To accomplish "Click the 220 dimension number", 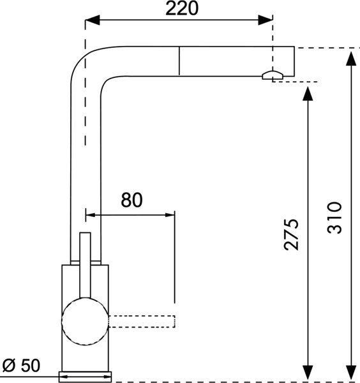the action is pos(182,8).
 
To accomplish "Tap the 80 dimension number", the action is pos(131,200).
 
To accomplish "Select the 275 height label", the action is pos(291,234).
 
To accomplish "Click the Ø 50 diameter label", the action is pos(21,366).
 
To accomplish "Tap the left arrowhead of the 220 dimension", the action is pos(93,20).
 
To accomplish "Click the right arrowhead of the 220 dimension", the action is pos(266,20).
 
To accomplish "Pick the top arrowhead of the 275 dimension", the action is pos(308,93).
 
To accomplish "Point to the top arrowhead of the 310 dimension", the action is pos(351,58).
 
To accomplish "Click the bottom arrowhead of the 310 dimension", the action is pos(351,373).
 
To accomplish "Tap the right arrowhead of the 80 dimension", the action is pos(170,215).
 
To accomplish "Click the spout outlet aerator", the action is pos(273,75).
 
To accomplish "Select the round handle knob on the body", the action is pos(85,322).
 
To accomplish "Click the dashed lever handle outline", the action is pos(142,322).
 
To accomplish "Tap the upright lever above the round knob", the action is pos(86,266).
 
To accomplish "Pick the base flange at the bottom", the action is pos(85,377).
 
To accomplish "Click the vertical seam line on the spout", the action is pos(179,61).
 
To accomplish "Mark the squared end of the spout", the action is pos(294,61).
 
